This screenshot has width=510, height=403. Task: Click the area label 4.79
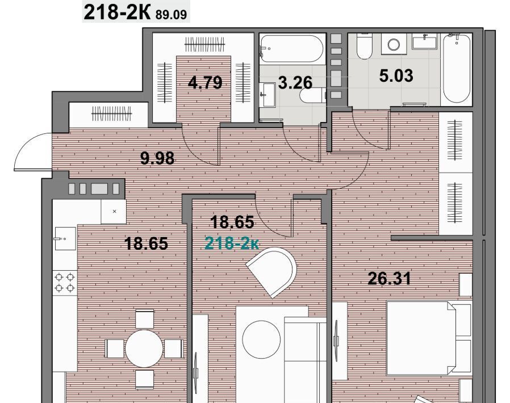click(205, 82)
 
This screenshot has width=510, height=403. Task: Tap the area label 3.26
click(295, 82)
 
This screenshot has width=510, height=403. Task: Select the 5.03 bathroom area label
click(396, 75)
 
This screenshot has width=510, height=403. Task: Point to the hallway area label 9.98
click(157, 158)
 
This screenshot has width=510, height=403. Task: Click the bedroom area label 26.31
click(390, 279)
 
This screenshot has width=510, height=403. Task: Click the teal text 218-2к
click(232, 243)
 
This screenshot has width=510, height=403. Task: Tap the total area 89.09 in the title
click(172, 15)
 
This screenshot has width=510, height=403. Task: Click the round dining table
click(144, 349)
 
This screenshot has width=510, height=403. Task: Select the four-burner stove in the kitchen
click(65, 283)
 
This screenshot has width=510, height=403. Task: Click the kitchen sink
click(65, 238)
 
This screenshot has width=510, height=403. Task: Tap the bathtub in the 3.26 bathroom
click(292, 49)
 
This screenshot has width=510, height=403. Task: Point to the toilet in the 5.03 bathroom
click(363, 46)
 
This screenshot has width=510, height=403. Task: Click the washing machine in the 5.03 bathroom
click(394, 44)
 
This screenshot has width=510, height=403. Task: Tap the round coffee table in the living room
click(261, 339)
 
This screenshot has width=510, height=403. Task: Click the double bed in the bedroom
click(429, 338)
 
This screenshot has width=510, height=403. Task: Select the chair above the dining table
click(144, 319)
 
